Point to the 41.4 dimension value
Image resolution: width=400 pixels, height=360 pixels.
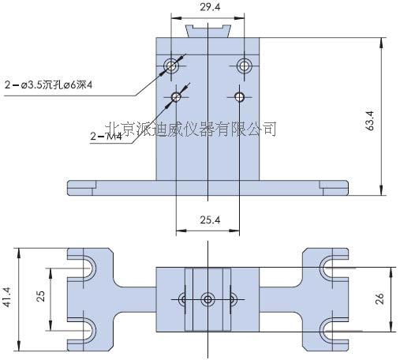tap(8, 298)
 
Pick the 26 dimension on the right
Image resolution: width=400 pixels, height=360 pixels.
tap(379, 298)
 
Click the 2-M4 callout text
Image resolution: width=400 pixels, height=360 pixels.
tap(104, 135)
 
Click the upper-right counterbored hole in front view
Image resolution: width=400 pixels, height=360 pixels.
tap(244, 64)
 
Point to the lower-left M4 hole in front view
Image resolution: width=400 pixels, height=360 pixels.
tap(175, 97)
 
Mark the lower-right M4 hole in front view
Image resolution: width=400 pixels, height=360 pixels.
tap(240, 97)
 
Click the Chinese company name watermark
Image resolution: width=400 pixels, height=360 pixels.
tap(190, 126)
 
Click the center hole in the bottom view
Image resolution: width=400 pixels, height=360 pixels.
tap(207, 298)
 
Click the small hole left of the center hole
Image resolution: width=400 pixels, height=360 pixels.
tap(184, 298)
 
